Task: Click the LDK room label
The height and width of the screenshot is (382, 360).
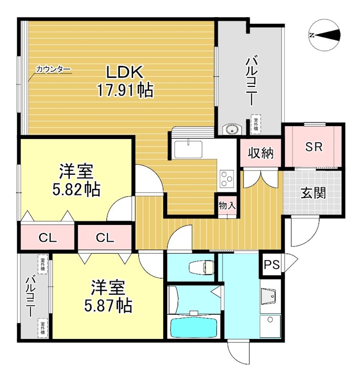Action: click(x=125, y=73)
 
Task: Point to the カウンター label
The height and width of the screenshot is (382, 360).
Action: click(x=53, y=70)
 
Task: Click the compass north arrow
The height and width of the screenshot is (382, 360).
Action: click(x=325, y=34)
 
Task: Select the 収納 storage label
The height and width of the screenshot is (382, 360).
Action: click(x=261, y=154)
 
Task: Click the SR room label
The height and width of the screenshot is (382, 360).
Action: click(x=314, y=147)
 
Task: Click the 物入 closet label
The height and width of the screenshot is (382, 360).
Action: click(x=227, y=206)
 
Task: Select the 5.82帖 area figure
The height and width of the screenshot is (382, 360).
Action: click(x=76, y=189)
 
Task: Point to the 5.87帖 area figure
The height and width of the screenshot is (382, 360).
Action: click(x=108, y=304)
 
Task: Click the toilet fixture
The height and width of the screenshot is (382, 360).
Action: click(x=201, y=267)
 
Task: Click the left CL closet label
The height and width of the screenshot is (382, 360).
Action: click(x=48, y=238)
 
